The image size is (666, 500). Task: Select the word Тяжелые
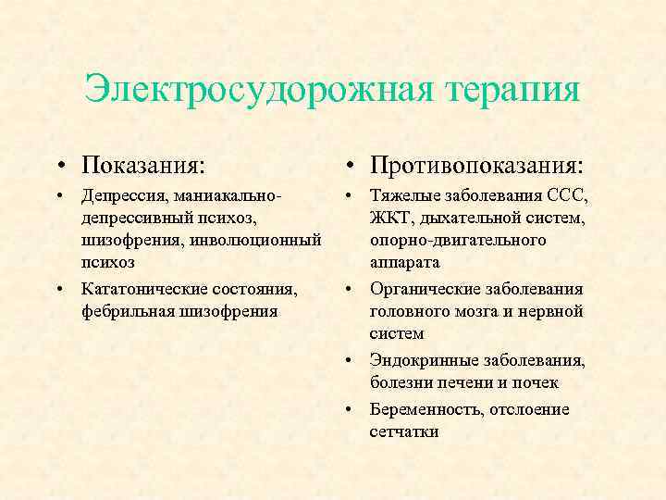point(400,196)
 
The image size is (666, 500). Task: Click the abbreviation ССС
point(567,196)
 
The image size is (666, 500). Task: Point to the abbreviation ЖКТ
point(388,219)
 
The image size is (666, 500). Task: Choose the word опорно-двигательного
point(457,241)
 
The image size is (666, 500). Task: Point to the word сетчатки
point(404,431)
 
